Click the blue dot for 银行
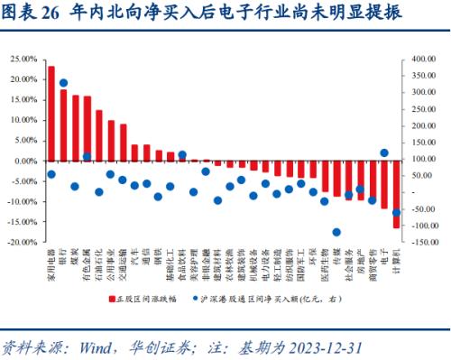coord(63,83)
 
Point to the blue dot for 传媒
coord(336,232)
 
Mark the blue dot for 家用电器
coord(51,174)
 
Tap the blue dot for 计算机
coord(396,213)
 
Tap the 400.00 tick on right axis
coord(421,59)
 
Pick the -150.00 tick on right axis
coord(420,243)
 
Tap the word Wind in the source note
coord(97,346)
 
